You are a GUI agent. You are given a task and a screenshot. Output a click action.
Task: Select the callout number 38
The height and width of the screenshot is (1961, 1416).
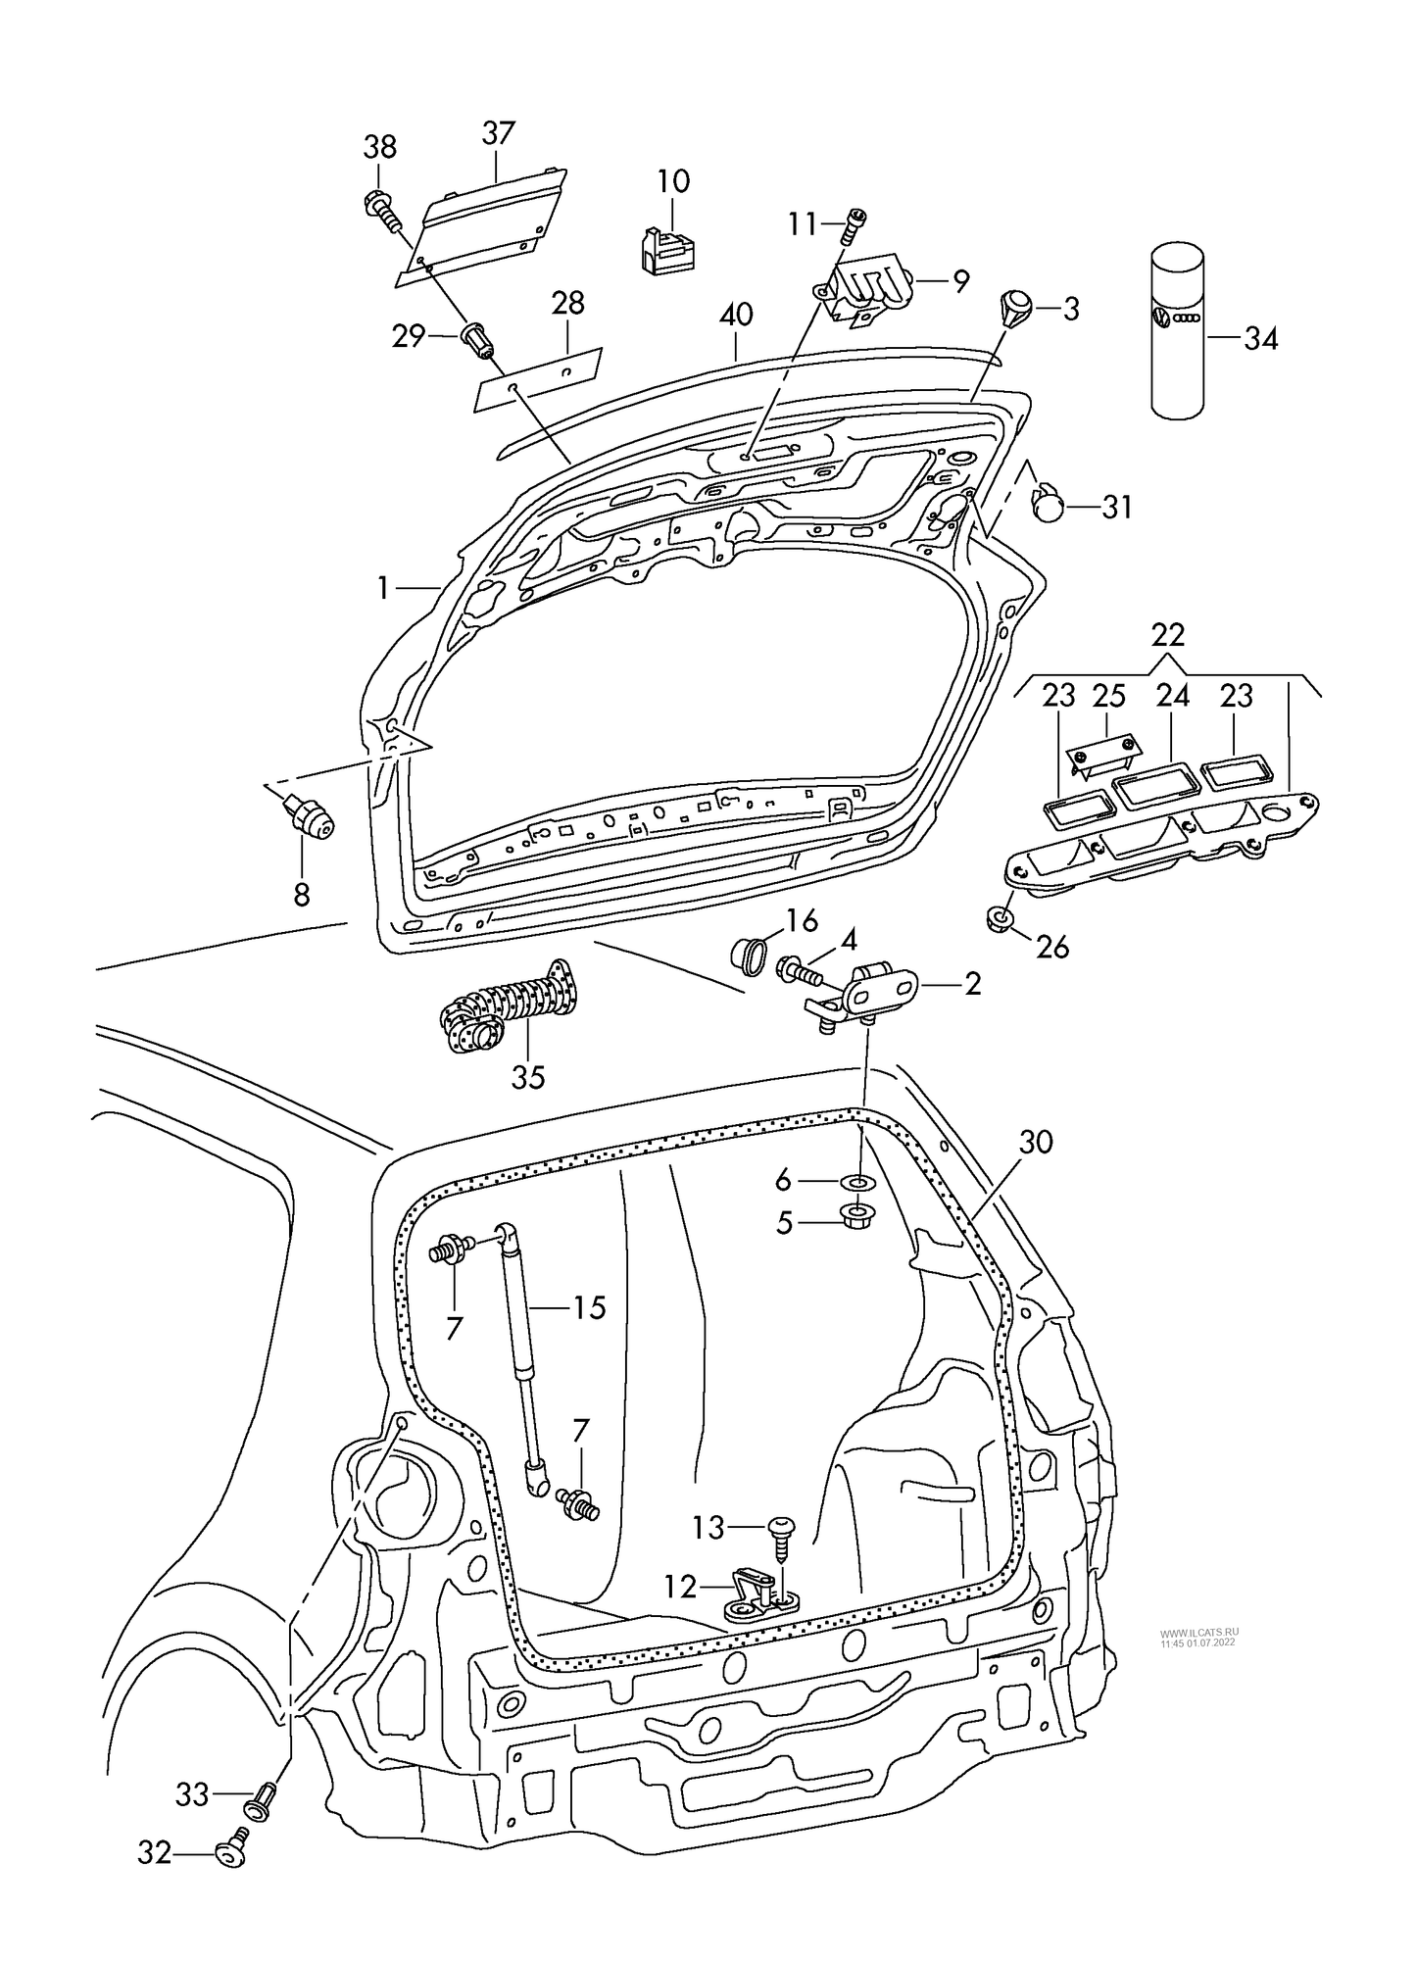point(380,147)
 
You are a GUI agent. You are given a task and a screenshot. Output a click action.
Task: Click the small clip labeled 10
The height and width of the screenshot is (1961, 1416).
point(670,248)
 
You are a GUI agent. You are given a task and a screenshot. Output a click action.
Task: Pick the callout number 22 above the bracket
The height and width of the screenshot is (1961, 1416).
point(1168,635)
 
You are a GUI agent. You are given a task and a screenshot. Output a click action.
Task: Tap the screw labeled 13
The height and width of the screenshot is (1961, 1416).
point(782,1537)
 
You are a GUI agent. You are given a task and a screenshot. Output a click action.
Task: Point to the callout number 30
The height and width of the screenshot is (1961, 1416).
point(1036,1142)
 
